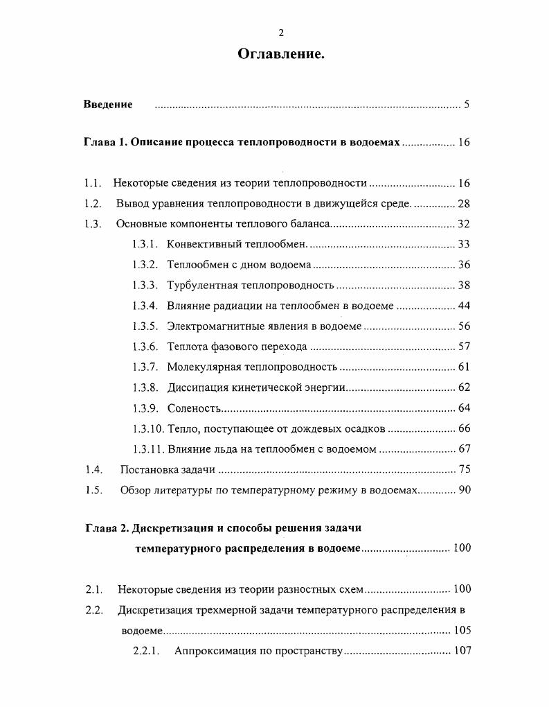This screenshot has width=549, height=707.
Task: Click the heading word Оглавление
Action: [x=281, y=54]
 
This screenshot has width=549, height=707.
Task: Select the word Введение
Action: [x=108, y=105]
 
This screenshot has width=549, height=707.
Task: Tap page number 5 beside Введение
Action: [x=467, y=105]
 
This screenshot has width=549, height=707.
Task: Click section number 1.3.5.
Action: [x=145, y=326]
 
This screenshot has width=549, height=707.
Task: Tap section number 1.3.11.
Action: [x=147, y=449]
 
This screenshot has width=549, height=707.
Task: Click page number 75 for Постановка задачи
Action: [x=464, y=470]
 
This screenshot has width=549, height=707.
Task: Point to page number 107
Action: [x=462, y=651]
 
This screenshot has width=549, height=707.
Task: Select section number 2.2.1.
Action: [x=146, y=651]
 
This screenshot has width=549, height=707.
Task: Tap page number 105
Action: [x=461, y=630]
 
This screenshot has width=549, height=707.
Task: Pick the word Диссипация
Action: [x=197, y=387]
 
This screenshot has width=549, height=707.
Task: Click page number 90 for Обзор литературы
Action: [x=464, y=490]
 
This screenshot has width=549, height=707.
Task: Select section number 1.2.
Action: [x=93, y=204]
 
